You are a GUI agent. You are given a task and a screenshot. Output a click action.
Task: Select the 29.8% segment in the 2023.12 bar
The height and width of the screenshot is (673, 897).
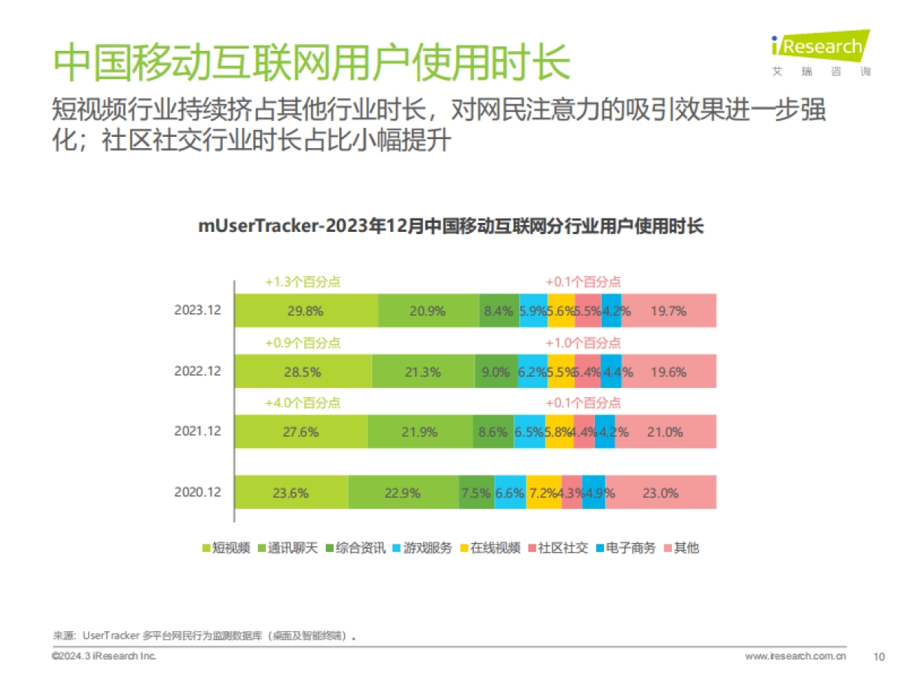tap(306, 311)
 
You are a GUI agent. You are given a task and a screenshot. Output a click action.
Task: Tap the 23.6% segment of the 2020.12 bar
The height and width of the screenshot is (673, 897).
tap(291, 493)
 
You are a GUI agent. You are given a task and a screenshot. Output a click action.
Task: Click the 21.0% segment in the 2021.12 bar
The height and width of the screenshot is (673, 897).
tap(665, 432)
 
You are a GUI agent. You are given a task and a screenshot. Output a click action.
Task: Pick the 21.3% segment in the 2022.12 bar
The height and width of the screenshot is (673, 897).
tap(423, 372)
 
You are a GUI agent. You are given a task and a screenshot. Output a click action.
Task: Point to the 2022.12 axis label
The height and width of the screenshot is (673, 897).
tap(198, 372)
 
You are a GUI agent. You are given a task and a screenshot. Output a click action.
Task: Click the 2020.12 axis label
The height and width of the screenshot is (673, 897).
tap(198, 493)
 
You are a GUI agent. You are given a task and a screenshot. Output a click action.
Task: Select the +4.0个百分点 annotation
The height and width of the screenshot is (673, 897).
tap(303, 403)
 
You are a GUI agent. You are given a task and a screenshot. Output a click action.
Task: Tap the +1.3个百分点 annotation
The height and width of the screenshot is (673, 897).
tap(303, 282)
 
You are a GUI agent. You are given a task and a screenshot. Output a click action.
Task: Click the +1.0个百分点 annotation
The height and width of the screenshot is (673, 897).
tap(583, 342)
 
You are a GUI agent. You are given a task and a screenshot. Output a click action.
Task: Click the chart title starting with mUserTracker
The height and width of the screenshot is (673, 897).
tap(451, 226)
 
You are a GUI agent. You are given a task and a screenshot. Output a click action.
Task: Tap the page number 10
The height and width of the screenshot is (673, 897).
tap(880, 657)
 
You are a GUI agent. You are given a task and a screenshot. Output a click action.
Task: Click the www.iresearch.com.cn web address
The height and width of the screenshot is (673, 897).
tap(795, 657)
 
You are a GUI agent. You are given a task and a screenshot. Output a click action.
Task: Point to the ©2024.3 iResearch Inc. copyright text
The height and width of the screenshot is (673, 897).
tap(104, 656)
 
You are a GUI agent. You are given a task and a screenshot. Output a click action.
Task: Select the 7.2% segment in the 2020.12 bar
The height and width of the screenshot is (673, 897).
tap(543, 493)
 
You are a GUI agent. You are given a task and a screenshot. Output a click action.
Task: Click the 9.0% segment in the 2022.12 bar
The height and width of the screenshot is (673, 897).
tap(496, 372)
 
